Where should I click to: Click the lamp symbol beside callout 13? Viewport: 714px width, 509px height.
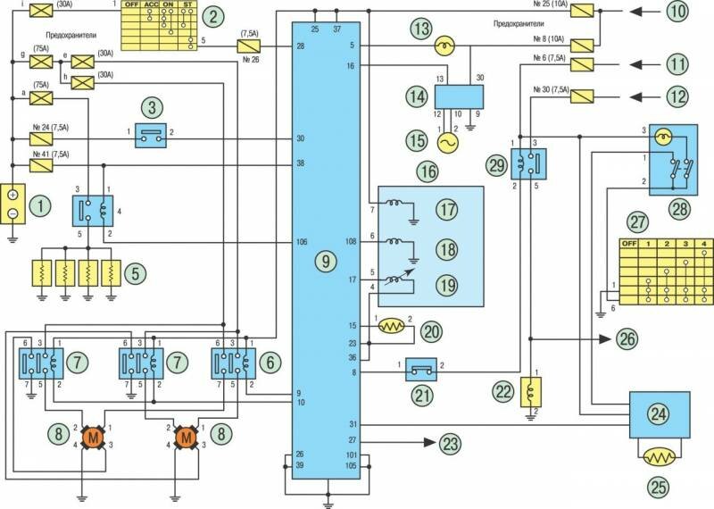439,46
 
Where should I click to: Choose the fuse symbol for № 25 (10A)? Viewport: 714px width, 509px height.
582,12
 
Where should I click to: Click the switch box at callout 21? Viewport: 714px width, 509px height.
423,367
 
